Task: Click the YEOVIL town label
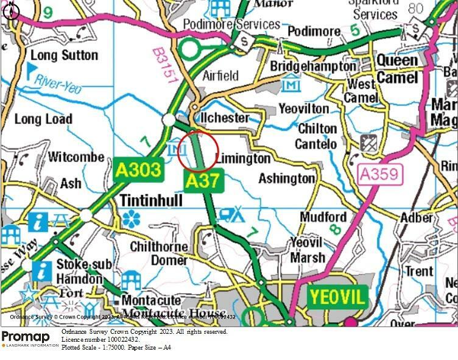pos(338,297)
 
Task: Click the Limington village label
pos(243,158)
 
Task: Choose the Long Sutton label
pos(64,55)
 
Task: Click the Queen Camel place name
pos(397,69)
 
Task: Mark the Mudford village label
pos(323,217)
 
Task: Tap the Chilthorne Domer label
pos(160,253)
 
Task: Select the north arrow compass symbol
pos(12,11)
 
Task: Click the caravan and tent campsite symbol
pos(231,214)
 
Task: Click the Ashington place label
pos(287,178)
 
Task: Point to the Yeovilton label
pos(303,108)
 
